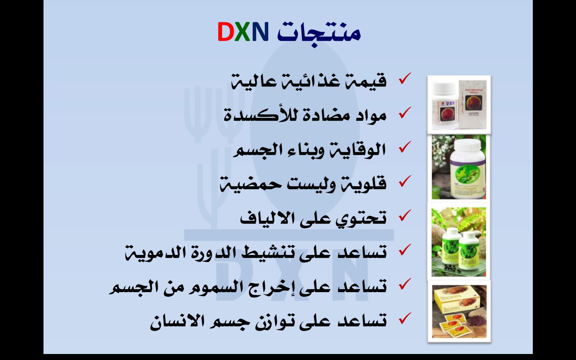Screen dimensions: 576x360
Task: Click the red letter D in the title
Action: point(226,31)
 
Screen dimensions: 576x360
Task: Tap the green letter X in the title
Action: point(242,31)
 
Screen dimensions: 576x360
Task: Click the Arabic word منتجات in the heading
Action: point(319,33)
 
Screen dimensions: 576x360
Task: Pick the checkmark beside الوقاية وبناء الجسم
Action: point(404,147)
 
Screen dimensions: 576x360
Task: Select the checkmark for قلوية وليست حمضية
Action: point(404,181)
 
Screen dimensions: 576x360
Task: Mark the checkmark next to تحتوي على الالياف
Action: point(404,215)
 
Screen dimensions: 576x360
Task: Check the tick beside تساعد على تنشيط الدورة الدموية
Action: point(404,250)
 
